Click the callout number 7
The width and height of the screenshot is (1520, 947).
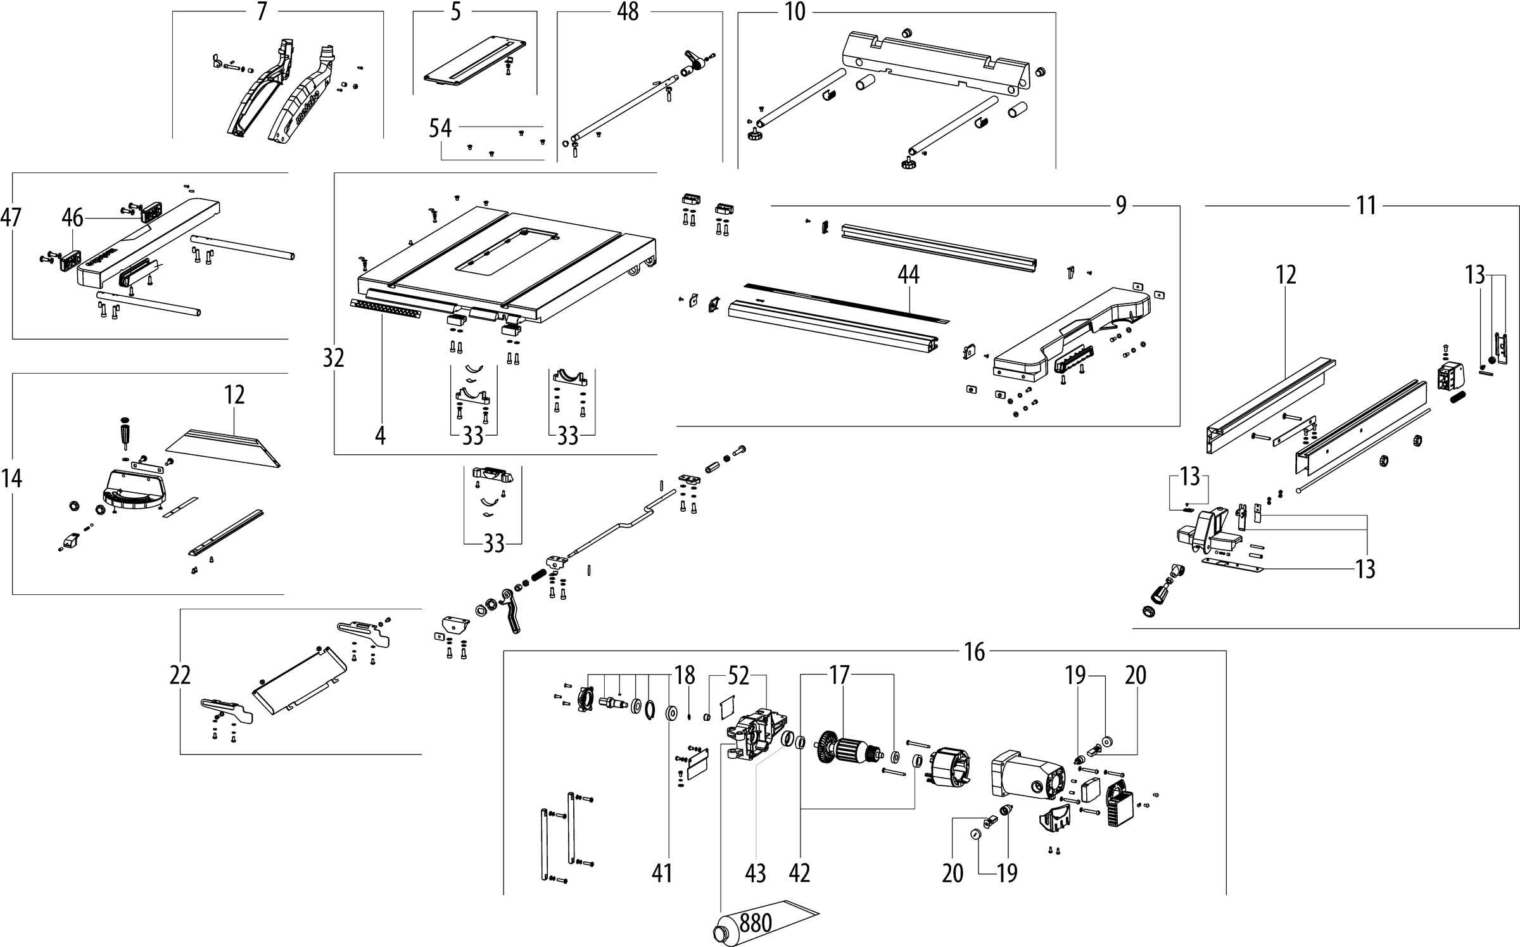262,12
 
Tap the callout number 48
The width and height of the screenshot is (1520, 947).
628,11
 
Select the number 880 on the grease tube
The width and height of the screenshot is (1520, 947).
755,922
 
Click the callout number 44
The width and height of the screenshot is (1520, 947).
908,275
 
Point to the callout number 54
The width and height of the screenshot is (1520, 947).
440,129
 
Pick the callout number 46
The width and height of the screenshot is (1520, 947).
72,218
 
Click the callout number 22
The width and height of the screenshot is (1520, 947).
180,675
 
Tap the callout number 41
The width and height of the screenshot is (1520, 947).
662,874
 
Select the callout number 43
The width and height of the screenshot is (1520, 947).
756,874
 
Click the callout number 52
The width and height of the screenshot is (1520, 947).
738,676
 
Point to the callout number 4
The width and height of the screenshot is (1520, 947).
379,436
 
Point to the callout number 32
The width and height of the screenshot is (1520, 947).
334,359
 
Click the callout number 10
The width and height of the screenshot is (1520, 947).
795,12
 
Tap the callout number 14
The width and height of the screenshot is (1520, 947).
11,478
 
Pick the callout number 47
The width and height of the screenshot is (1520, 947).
11,218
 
